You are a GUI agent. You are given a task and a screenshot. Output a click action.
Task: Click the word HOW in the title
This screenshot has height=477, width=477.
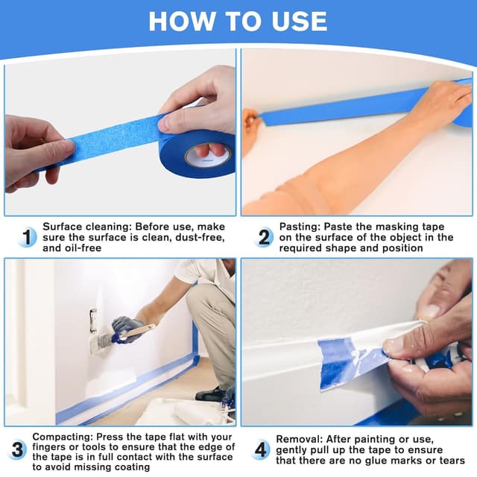coord(182,22)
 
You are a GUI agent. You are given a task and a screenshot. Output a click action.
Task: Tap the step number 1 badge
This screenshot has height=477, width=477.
coord(27,237)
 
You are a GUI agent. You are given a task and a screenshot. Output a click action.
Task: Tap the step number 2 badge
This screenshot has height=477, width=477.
coord(263,237)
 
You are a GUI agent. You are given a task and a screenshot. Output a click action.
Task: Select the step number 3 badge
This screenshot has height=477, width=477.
coord(17,449)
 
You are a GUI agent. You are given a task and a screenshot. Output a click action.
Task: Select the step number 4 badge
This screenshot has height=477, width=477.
coord(261,449)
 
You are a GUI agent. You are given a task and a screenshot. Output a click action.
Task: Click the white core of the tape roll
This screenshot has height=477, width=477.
coord(208,156)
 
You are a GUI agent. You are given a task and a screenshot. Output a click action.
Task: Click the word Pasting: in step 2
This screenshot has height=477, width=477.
coord(300,227)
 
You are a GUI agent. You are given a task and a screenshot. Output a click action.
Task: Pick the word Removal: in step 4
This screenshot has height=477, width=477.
coord(300,439)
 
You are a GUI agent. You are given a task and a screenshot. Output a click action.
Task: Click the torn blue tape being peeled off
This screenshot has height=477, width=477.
coord(350,362)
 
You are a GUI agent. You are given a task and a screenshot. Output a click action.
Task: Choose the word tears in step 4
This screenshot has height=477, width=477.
coord(452,461)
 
